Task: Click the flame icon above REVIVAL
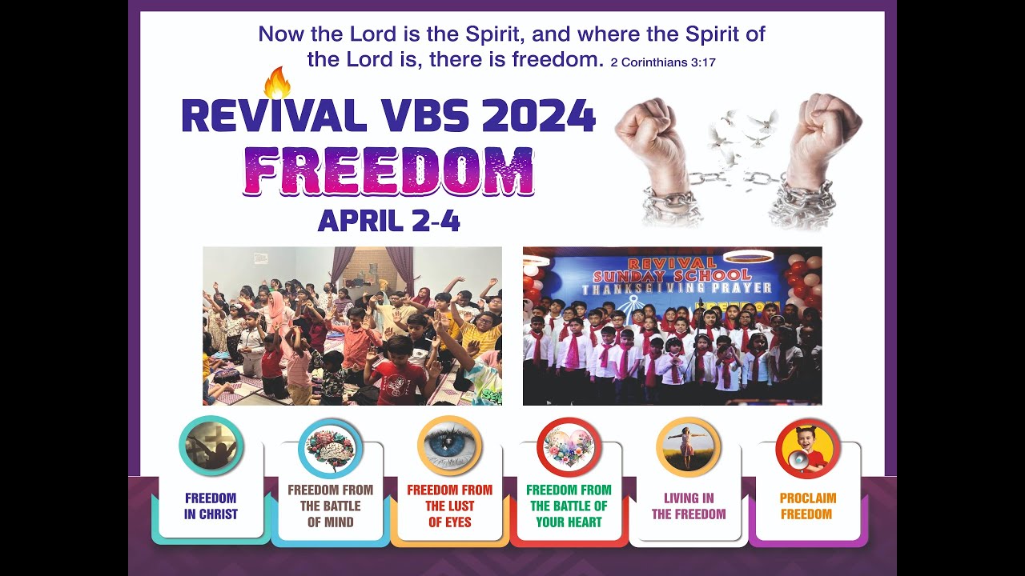pyautogui.click(x=277, y=82)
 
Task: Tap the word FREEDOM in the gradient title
pyautogui.click(x=389, y=171)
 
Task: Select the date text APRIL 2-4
pyautogui.click(x=389, y=220)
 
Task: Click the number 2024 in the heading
pyautogui.click(x=537, y=117)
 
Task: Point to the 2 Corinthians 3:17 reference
pyautogui.click(x=662, y=62)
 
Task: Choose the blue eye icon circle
pyautogui.click(x=449, y=446)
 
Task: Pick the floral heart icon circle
pyautogui.click(x=569, y=447)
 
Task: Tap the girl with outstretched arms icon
pyautogui.click(x=688, y=447)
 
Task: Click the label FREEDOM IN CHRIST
pyautogui.click(x=211, y=506)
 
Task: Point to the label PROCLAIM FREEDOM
pyautogui.click(x=807, y=506)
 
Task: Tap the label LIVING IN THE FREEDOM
pyautogui.click(x=689, y=506)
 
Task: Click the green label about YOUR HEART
pyautogui.click(x=569, y=506)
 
